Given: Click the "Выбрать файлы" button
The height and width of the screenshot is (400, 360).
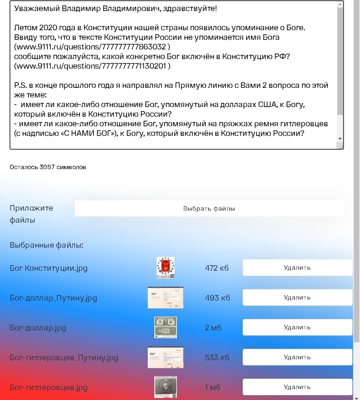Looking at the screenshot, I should pyautogui.click(x=209, y=209).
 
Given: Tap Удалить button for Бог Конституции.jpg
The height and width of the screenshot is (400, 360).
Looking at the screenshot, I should pyautogui.click(x=297, y=268).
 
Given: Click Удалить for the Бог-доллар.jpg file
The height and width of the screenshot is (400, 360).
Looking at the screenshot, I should pyautogui.click(x=297, y=327).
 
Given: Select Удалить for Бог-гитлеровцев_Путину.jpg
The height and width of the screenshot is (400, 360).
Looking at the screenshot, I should pyautogui.click(x=297, y=357).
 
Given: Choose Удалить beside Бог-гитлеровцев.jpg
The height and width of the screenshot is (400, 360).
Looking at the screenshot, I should pyautogui.click(x=297, y=387).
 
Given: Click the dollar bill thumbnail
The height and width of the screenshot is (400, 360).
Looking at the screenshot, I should pyautogui.click(x=165, y=327).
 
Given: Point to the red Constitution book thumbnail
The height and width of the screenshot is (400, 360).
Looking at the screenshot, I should pyautogui.click(x=165, y=268).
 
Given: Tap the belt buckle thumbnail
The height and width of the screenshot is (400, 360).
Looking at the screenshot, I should pyautogui.click(x=165, y=387).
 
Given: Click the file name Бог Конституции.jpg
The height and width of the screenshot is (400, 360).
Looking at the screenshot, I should pyautogui.click(x=48, y=268).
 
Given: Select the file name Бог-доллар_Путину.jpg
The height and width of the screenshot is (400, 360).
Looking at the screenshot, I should pyautogui.click(x=53, y=298).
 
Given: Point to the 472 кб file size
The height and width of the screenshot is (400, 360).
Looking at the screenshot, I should pyautogui.click(x=217, y=268).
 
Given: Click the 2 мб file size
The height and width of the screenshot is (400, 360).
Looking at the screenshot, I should pyautogui.click(x=213, y=328).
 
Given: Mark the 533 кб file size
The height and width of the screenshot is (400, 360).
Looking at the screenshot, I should pyautogui.click(x=217, y=358).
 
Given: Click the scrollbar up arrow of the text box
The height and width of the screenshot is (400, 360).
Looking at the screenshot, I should pyautogui.click(x=340, y=4).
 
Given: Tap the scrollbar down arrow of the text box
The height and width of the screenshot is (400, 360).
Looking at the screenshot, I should pyautogui.click(x=340, y=139).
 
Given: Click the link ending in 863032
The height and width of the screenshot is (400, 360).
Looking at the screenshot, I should pyautogui.click(x=92, y=47).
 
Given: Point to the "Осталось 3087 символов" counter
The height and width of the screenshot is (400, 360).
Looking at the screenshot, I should pyautogui.click(x=48, y=167).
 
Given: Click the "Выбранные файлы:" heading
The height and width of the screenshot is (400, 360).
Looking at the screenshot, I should pyautogui.click(x=47, y=245).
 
